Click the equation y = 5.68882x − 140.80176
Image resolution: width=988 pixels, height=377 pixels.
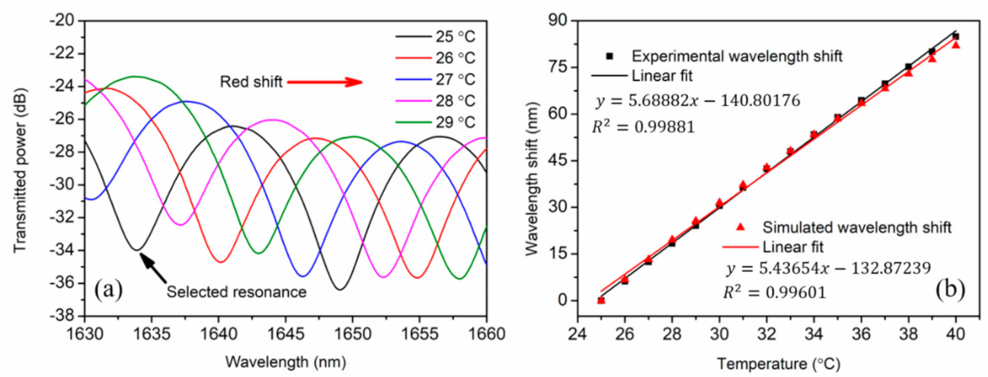tap(698, 100)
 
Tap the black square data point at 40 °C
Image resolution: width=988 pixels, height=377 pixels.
tap(955, 37)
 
